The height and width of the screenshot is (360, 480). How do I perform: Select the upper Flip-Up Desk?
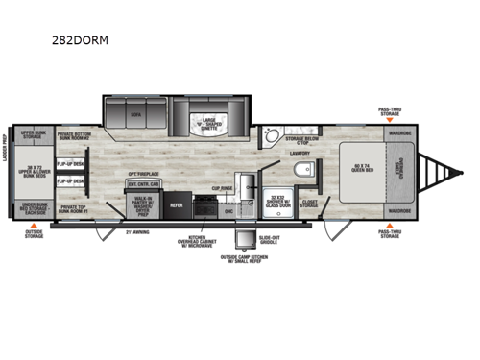(68, 163)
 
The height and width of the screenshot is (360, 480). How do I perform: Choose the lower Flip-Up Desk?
(68, 180)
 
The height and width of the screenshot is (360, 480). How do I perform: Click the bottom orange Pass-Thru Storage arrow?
(389, 227)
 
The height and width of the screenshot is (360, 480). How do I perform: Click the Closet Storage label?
(308, 204)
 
